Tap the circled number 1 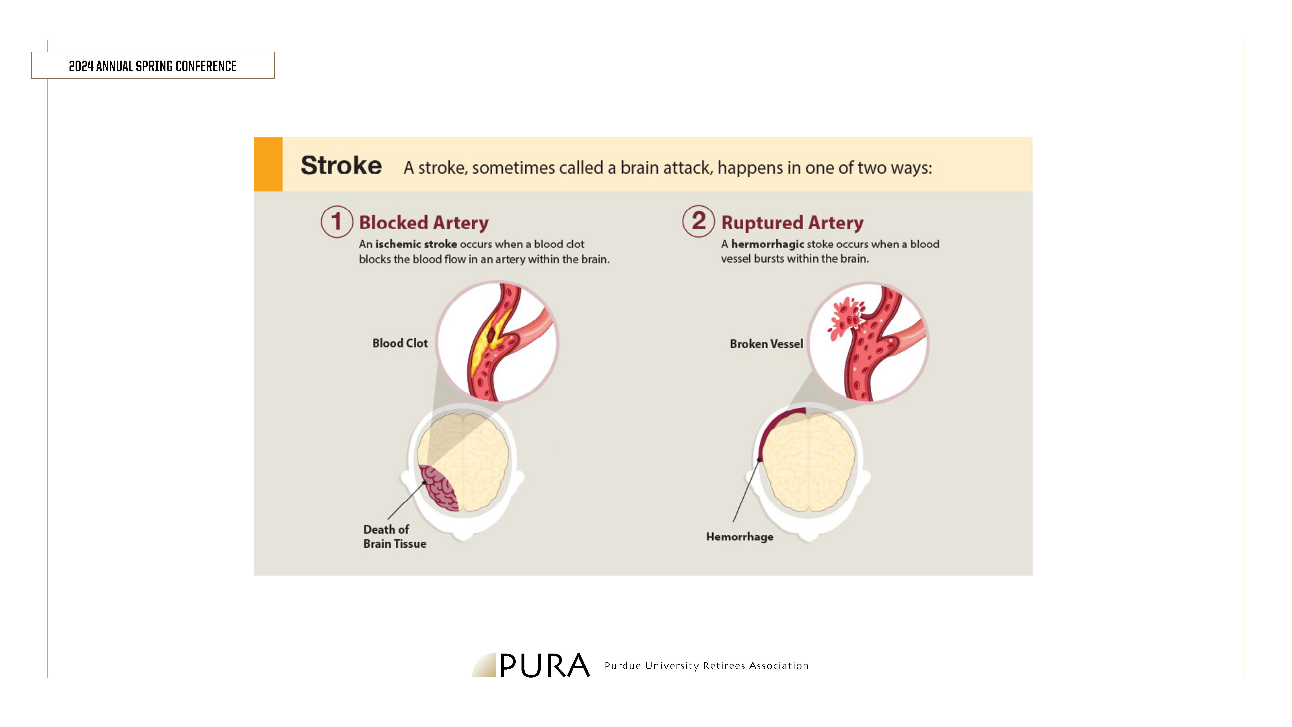point(336,221)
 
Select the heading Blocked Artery point(424,222)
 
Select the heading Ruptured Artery point(793,222)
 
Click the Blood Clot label point(400,343)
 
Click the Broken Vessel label point(766,344)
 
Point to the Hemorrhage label point(740,537)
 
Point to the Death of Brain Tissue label point(395,536)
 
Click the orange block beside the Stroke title point(268,164)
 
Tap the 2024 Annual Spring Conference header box point(153,65)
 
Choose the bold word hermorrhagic point(767,244)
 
